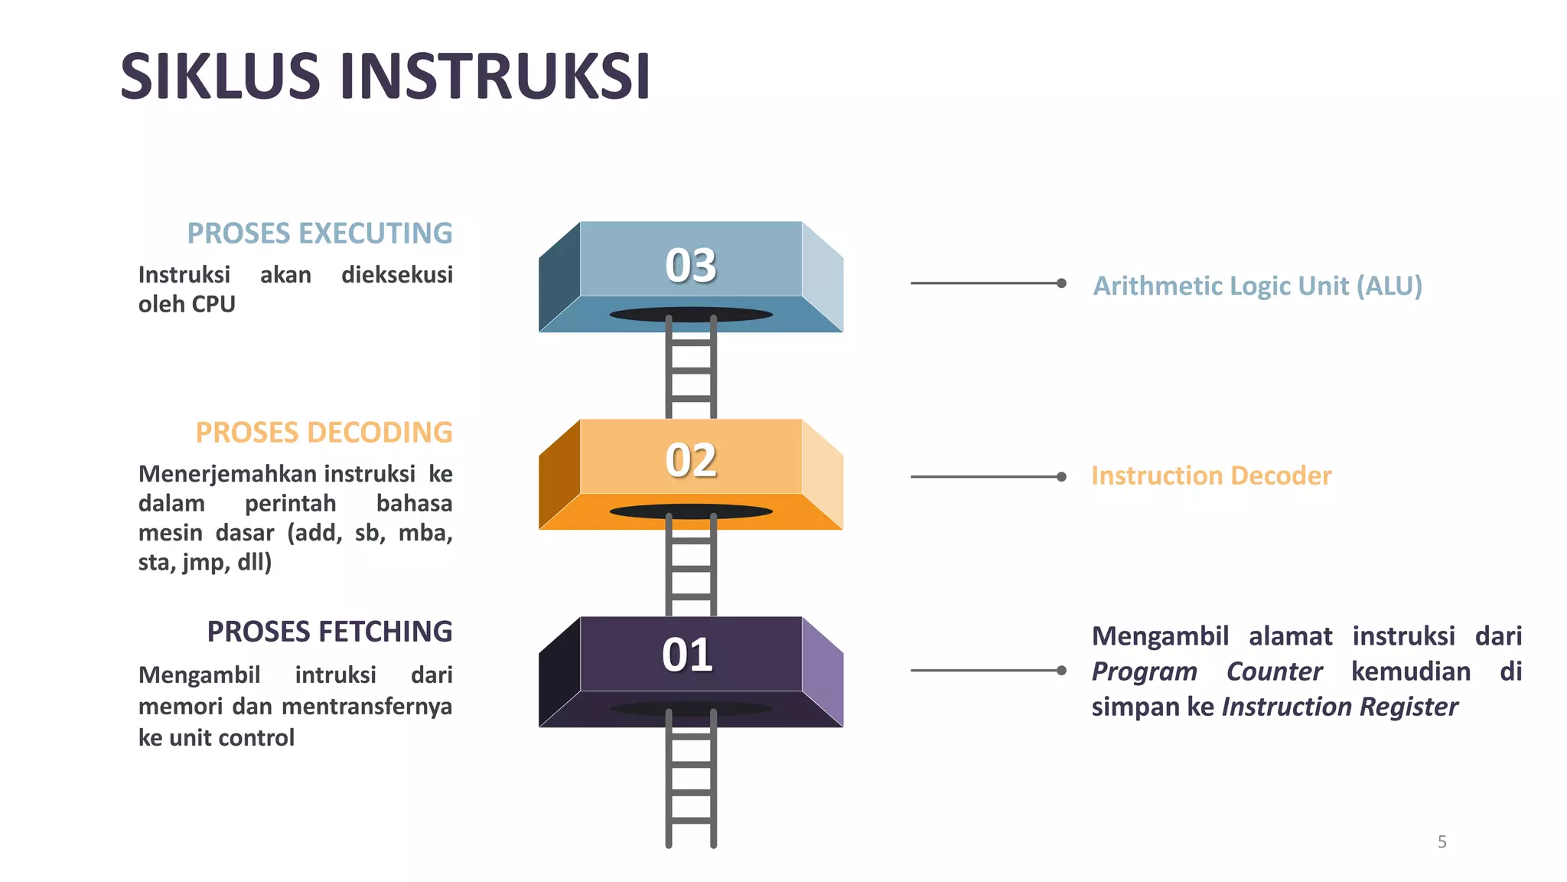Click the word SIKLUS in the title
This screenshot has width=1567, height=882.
pyautogui.click(x=220, y=77)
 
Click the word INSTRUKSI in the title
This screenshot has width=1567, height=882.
pyautogui.click(x=495, y=77)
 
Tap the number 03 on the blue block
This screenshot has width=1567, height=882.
pyautogui.click(x=691, y=266)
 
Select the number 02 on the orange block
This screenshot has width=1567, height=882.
pyautogui.click(x=691, y=461)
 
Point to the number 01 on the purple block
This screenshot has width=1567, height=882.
pyautogui.click(x=688, y=655)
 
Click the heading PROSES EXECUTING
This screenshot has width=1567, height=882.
pyautogui.click(x=320, y=234)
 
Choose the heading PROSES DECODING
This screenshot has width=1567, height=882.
pyautogui.click(x=324, y=433)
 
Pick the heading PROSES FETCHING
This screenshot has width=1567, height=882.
pyautogui.click(x=330, y=632)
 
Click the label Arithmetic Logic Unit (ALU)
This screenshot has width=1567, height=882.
pyautogui.click(x=1257, y=286)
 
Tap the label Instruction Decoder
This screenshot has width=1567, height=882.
pyautogui.click(x=1211, y=475)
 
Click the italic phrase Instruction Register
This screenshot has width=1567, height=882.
pyautogui.click(x=1340, y=707)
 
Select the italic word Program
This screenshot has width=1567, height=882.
pyautogui.click(x=1144, y=671)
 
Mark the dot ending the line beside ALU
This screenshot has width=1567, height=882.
pyautogui.click(x=1061, y=283)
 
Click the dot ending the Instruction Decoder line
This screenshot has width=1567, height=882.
pyautogui.click(x=1061, y=477)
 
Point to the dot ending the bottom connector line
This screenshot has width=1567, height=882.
pyautogui.click(x=1061, y=671)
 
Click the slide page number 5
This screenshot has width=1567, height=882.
pyautogui.click(x=1442, y=842)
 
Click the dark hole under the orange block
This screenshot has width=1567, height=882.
pyautogui.click(x=691, y=511)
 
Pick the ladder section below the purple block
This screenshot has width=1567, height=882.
pyautogui.click(x=691, y=789)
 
